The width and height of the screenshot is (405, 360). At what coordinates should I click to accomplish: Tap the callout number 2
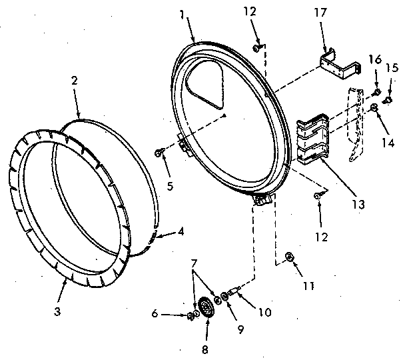(75, 81)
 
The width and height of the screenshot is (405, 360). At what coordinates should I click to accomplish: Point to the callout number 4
(181, 233)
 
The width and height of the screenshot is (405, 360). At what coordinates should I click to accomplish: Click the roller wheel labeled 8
(206, 309)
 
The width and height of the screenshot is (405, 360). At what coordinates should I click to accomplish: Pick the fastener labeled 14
(374, 107)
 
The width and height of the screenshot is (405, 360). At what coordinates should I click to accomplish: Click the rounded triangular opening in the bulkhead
(206, 86)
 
